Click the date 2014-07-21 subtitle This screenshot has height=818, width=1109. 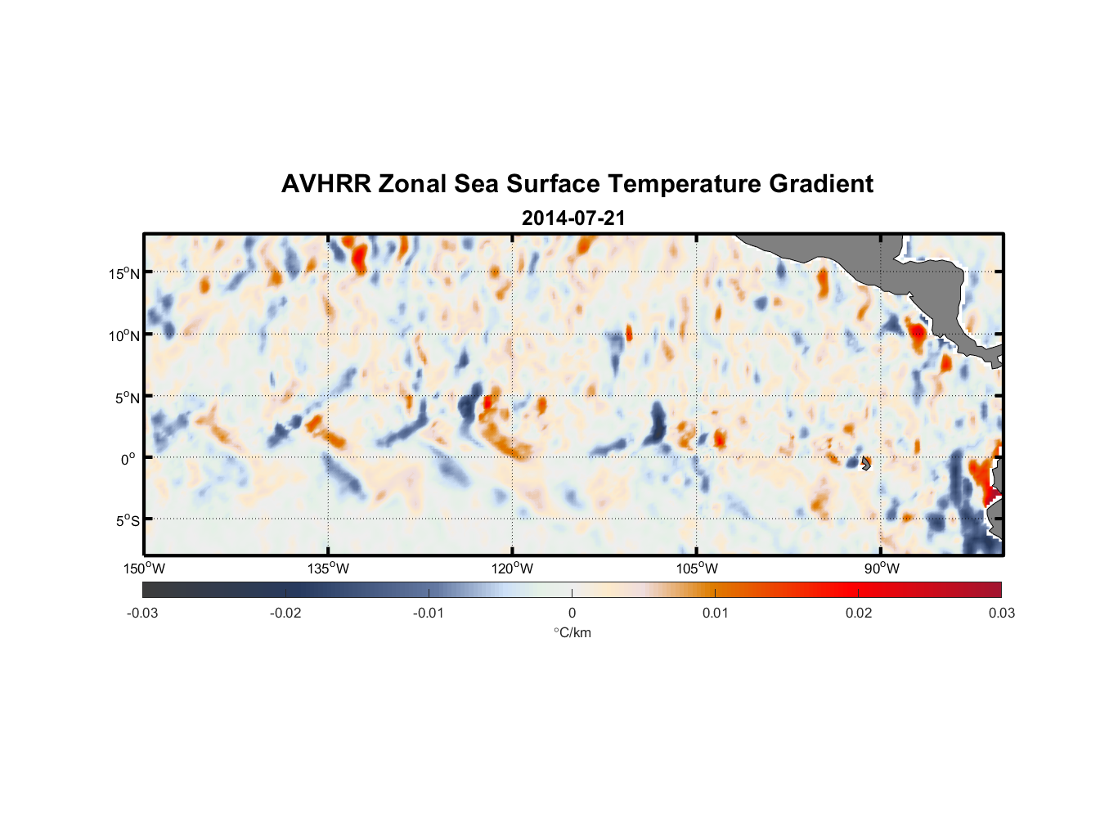(573, 218)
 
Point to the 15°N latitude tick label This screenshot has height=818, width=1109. (124, 273)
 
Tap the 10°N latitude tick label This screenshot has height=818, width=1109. (124, 335)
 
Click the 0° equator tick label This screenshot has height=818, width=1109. (128, 459)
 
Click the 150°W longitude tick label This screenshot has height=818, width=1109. (144, 569)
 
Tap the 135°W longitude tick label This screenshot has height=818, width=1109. (328, 569)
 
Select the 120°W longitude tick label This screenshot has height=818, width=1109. (513, 569)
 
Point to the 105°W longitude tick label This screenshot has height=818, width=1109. (697, 569)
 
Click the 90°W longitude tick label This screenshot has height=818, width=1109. (882, 569)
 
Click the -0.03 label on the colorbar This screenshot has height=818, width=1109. (142, 613)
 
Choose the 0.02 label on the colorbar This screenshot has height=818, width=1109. (859, 613)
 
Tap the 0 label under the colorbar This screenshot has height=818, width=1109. (572, 613)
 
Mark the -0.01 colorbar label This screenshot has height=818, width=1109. (429, 613)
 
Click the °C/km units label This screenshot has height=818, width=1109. (572, 632)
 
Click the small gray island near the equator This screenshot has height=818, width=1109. (866, 463)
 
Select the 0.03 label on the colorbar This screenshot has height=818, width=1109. (1001, 613)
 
